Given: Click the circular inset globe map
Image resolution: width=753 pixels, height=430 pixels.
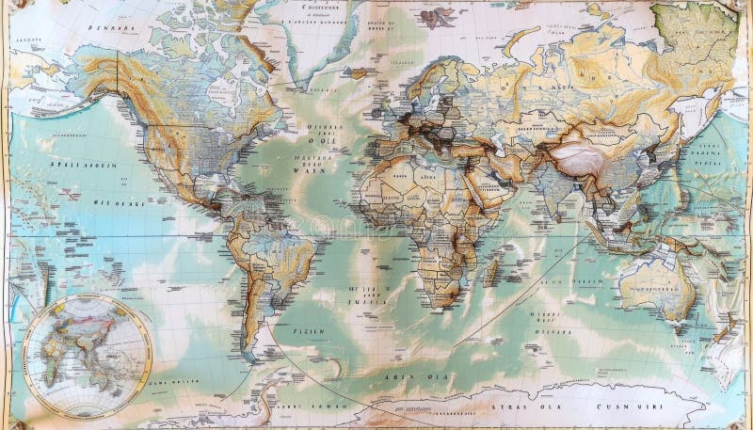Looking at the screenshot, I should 86,356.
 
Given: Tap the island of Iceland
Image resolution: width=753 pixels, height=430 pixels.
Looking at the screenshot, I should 359,72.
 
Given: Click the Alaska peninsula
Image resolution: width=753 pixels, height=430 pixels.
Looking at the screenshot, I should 94,75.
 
